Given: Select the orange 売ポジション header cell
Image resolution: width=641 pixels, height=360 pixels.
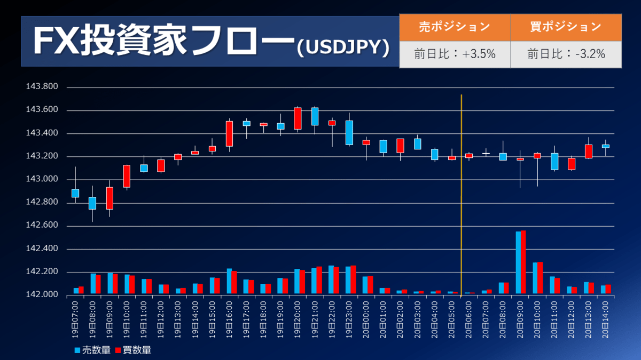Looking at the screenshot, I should (x=455, y=27).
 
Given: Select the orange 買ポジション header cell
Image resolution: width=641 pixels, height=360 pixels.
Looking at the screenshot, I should (x=566, y=27).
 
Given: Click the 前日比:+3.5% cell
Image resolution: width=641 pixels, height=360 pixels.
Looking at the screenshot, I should (x=455, y=54).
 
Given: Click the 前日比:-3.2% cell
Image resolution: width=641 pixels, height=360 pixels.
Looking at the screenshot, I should (x=566, y=54).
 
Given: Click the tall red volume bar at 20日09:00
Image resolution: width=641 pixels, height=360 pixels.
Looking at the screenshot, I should (x=523, y=262).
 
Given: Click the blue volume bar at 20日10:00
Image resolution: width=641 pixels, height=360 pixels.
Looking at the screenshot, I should (x=535, y=278).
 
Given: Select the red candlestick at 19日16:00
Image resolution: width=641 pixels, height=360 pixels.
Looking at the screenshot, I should (x=229, y=133).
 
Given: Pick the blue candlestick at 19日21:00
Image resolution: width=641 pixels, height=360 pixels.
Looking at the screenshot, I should (x=315, y=116).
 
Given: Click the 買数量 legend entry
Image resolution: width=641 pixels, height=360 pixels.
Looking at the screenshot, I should (x=133, y=350).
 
